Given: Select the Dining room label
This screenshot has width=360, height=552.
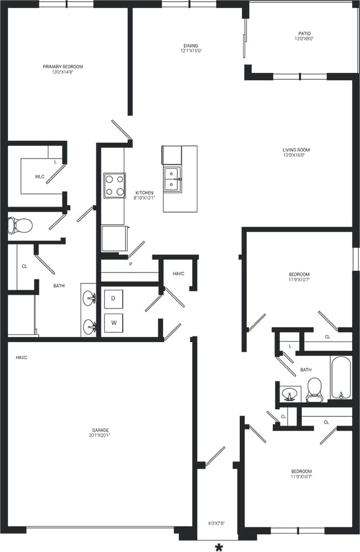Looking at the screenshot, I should tap(191, 46).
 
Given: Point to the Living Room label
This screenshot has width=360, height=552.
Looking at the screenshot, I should tap(296, 150).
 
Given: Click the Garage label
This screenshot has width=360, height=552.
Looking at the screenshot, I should tap(100, 430).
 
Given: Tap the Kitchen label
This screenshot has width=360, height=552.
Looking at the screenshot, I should tap(144, 193).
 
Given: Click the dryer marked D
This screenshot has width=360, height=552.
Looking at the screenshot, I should tap(114, 298).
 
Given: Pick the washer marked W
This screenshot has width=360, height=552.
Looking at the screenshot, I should tap(114, 323).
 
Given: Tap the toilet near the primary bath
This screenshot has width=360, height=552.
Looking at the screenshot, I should tap(19, 225).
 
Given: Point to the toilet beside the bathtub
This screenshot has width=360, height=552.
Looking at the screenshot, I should tap(314, 389).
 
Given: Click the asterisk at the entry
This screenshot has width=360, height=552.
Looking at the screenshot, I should tap(219, 546).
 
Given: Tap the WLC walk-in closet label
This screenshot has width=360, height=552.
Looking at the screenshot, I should tap(39, 177).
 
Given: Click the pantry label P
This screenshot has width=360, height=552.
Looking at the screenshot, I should tap(130, 264).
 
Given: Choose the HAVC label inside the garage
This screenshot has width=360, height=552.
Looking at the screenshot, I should tap(22, 358).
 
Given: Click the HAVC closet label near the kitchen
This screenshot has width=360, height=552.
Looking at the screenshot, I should tap(178, 274).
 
